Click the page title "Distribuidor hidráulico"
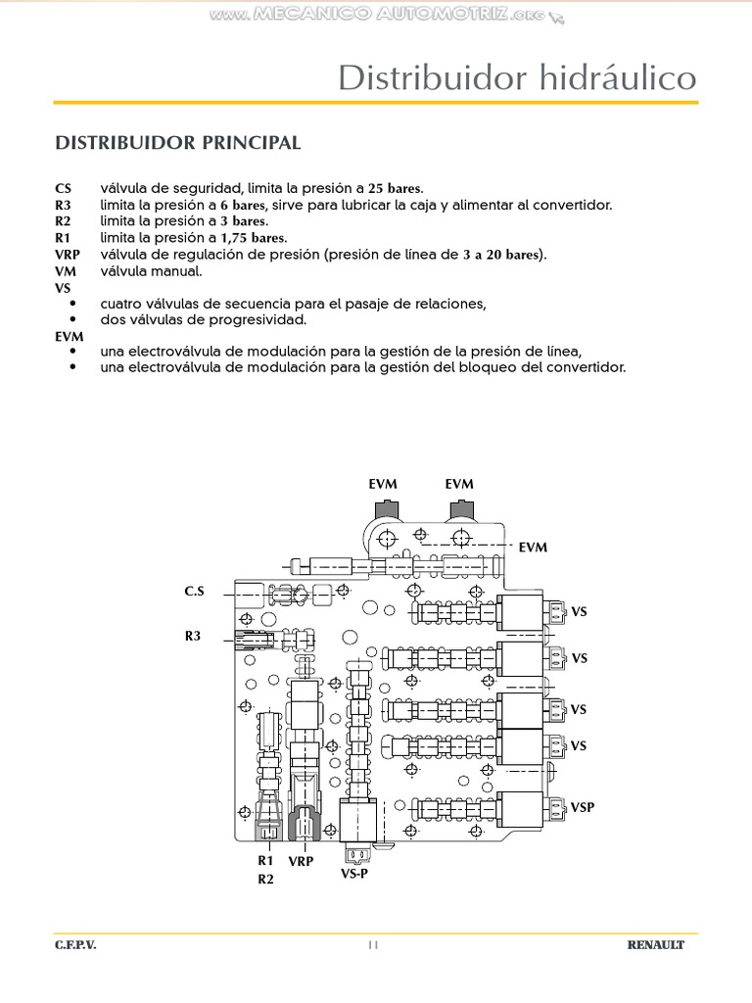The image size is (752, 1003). pos(517,78)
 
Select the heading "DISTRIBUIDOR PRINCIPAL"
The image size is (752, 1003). pos(177,143)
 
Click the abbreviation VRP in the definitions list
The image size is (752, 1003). pos(69,255)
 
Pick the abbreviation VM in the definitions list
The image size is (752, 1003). pos(67,271)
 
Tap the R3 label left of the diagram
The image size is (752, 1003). pos(193,636)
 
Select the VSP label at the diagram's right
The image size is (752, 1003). pos(583,807)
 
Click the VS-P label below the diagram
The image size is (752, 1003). pos(354,873)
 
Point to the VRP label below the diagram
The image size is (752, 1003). pos(302,861)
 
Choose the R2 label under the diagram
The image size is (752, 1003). pos(265,879)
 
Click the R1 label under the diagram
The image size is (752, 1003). pos(265,861)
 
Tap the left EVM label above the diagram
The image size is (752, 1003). pos(383,484)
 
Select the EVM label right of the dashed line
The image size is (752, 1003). pos(533,548)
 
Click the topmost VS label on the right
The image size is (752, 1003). pos(579,612)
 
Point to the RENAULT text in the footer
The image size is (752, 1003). pos(656,946)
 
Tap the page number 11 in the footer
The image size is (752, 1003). pos(373,945)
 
